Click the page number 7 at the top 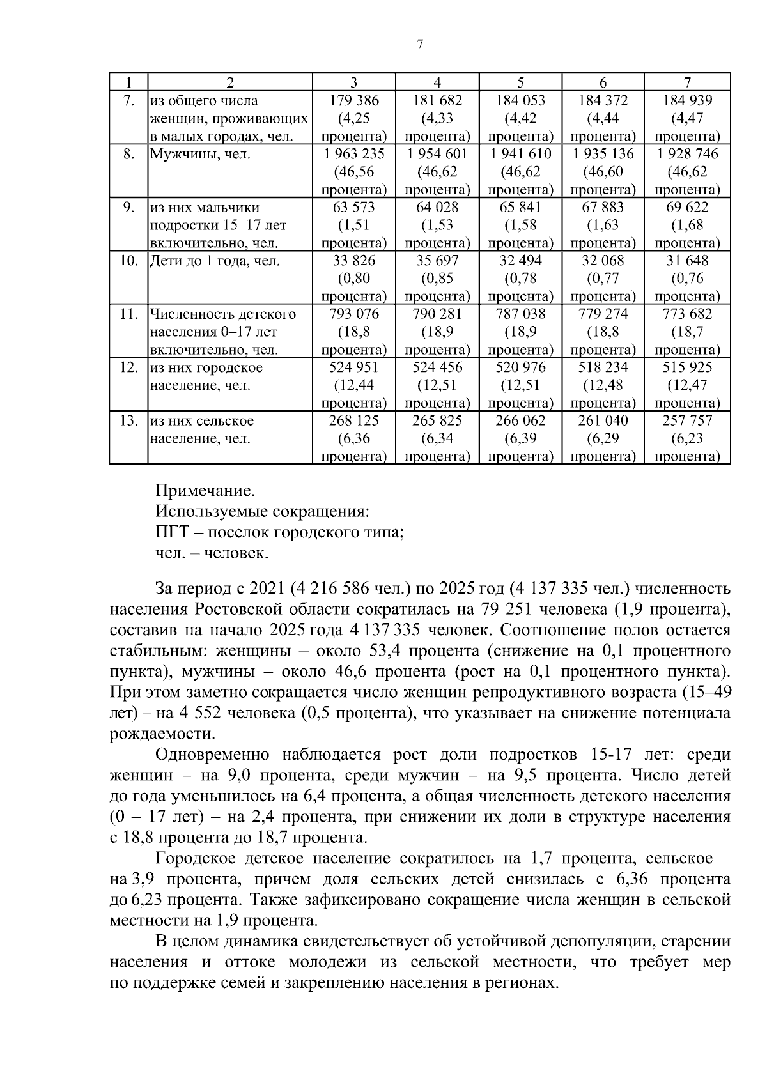[419, 44]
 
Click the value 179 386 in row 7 [353, 100]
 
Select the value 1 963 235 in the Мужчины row [353, 154]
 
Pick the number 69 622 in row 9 [687, 207]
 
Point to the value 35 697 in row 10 [437, 261]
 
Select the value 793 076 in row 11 [353, 314]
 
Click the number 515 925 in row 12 [687, 367]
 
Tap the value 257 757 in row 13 [687, 420]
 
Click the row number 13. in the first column [128, 420]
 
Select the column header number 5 [520, 82]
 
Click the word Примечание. [205, 491]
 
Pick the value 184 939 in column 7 [687, 100]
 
